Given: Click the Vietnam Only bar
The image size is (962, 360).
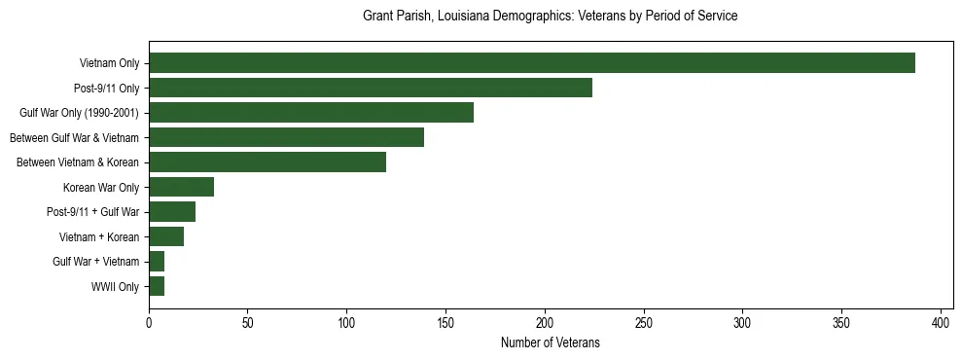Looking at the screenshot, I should (x=531, y=63).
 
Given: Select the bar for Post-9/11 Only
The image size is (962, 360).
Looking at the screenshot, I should (x=371, y=88).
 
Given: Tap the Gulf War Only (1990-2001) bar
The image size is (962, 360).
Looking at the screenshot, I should (x=311, y=113).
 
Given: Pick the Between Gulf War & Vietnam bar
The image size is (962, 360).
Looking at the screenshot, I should (x=286, y=137).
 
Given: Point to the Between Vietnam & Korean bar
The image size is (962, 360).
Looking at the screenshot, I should (x=267, y=162).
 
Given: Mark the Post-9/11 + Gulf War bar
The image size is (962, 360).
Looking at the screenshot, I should (x=172, y=212).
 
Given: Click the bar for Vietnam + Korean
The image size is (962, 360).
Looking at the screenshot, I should (x=166, y=236).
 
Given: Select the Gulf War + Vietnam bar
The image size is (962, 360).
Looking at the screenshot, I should (x=157, y=262).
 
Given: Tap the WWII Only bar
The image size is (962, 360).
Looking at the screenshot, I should (x=157, y=286).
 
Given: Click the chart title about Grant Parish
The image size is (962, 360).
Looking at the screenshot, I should (x=550, y=17).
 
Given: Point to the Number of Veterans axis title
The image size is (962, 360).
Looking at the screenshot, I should (x=550, y=343).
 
